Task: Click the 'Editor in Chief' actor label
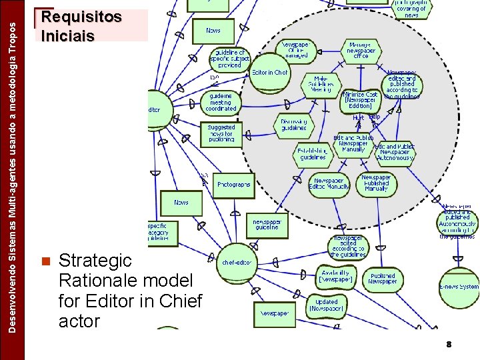pyautogui.click(x=270, y=72)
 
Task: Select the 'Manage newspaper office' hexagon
pyautogui.click(x=361, y=51)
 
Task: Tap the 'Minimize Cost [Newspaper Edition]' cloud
pyautogui.click(x=361, y=100)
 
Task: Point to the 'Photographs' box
pyautogui.click(x=234, y=185)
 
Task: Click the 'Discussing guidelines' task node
pyautogui.click(x=293, y=124)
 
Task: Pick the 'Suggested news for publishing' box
pyautogui.click(x=221, y=133)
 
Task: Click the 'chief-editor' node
pyautogui.click(x=237, y=262)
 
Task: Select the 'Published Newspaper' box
pyautogui.click(x=383, y=278)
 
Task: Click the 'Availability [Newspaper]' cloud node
pyautogui.click(x=336, y=275)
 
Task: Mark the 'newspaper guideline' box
pyautogui.click(x=267, y=224)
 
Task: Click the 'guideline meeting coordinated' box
pyautogui.click(x=221, y=102)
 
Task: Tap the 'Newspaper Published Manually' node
pyautogui.click(x=376, y=183)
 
